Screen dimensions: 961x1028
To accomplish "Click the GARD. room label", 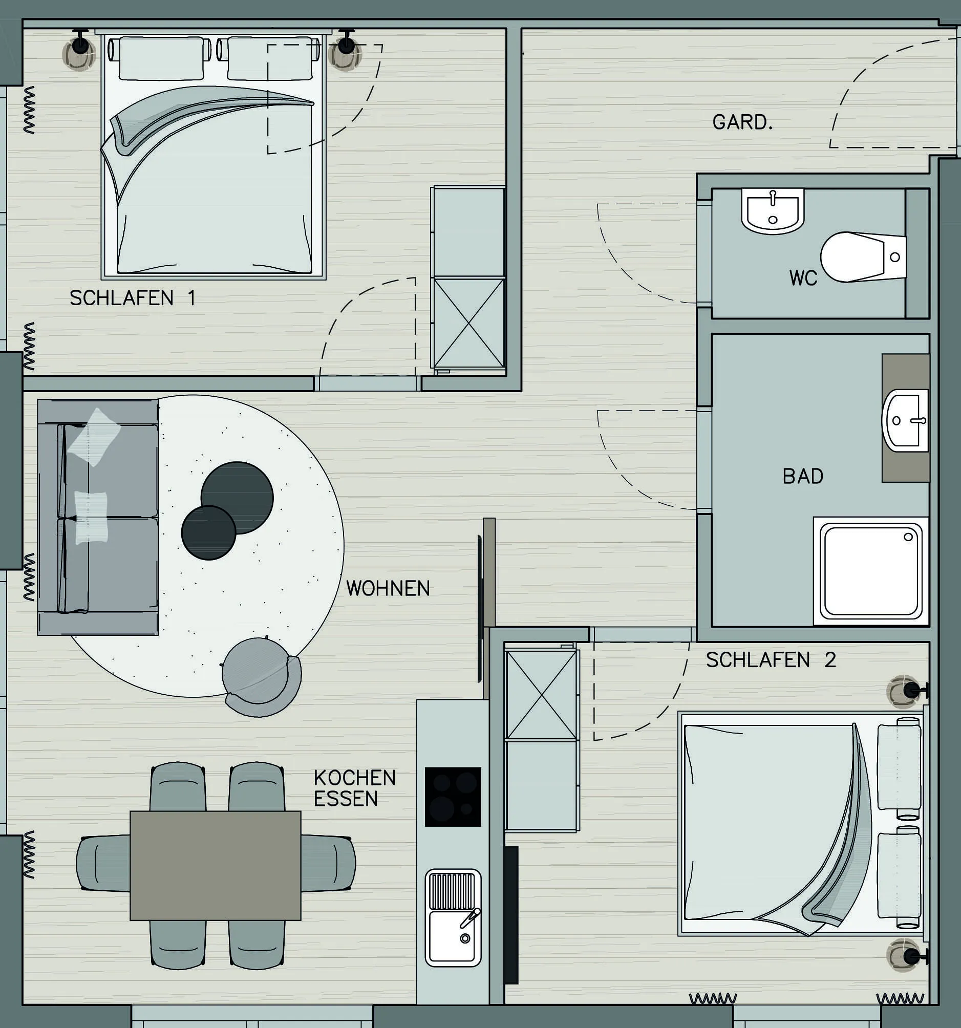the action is coord(742,122).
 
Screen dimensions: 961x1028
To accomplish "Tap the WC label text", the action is coord(803,278).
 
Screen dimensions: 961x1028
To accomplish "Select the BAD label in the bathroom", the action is coord(803,476).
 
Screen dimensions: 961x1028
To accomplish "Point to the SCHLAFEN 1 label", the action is coord(133,298).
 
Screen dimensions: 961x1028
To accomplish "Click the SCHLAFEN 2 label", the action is coord(771,660).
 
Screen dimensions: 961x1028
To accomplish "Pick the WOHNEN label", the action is coord(388,588).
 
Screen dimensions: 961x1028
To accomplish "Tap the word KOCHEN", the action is coord(354,778).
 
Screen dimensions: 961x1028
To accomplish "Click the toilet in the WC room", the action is coord(863,257).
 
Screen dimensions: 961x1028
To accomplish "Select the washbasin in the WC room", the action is coord(773,211).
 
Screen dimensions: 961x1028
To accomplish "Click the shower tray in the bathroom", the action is coord(871,571).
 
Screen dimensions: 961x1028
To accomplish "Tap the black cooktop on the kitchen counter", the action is coord(453,796).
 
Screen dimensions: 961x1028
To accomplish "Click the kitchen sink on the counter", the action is coord(453,918).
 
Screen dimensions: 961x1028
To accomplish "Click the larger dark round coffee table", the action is coord(237,498).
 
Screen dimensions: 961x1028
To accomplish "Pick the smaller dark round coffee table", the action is coord(208,532).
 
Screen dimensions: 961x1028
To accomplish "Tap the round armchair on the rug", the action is coord(261,677).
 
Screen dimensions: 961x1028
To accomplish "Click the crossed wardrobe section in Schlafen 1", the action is coord(468,323).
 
